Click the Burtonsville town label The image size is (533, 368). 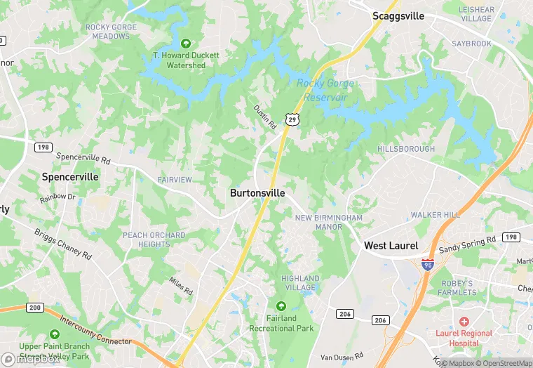(x=257, y=192)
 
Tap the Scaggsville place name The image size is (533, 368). (x=398, y=16)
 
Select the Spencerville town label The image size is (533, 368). (x=70, y=177)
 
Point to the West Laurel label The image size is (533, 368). (x=391, y=246)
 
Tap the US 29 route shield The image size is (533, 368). (x=290, y=119)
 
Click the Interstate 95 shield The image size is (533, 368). (x=427, y=265)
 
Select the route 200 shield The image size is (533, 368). (x=34, y=308)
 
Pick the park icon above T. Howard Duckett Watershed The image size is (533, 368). (x=186, y=43)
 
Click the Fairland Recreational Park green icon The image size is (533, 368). (x=281, y=306)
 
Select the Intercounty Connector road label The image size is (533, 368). (x=95, y=331)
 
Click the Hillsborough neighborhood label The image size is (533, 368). (x=405, y=149)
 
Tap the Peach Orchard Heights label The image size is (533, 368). (x=154, y=239)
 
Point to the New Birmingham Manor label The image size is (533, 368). (x=328, y=223)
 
